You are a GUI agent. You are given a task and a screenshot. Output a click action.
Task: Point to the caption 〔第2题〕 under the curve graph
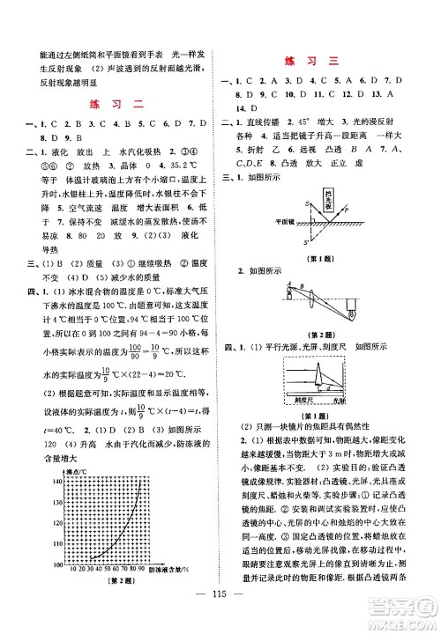[113, 583]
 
